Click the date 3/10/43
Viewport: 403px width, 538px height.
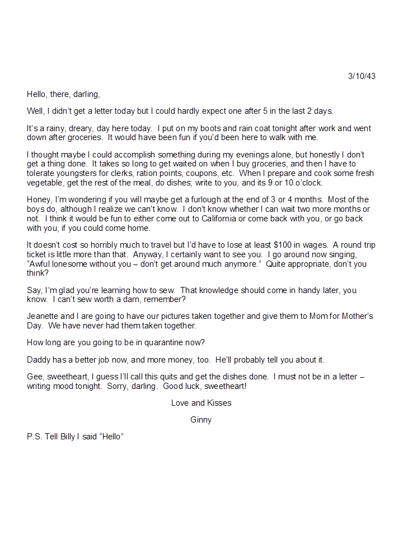362,76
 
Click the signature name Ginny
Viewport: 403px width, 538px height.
201,419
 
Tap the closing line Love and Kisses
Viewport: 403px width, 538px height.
201,402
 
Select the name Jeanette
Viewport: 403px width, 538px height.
42,316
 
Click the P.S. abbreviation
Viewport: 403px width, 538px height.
35,437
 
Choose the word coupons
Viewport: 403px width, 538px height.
194,173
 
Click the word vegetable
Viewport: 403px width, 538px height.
44,183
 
